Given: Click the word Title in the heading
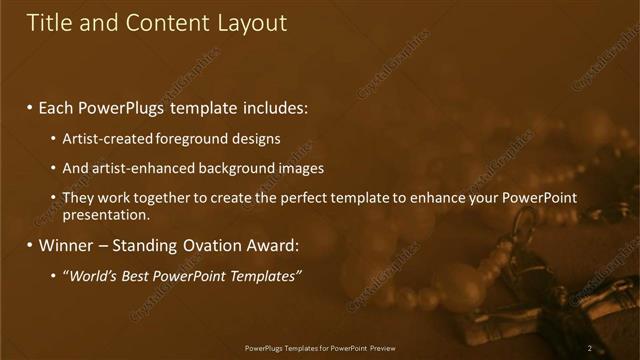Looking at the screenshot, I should pyautogui.click(x=48, y=23).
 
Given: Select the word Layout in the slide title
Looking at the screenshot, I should pyautogui.click(x=251, y=23).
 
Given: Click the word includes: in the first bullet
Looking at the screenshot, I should pyautogui.click(x=273, y=107).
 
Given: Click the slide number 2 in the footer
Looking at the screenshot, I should pyautogui.click(x=590, y=348).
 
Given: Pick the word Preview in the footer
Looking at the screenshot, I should pyautogui.click(x=382, y=348).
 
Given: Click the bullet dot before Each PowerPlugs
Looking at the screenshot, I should pyautogui.click(x=30, y=108).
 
